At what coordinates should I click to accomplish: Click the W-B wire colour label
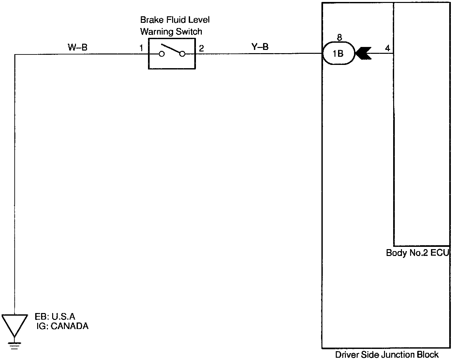coord(78,48)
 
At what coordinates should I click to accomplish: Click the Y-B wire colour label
coord(260,47)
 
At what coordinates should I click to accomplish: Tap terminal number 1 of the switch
coord(141,49)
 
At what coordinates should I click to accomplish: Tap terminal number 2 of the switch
coord(201,49)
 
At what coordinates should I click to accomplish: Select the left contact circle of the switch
coord(162,54)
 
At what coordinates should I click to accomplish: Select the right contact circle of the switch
coord(182,54)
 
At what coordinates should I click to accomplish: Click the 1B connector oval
coord(338,53)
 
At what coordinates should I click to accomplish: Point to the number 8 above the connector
coord(339,37)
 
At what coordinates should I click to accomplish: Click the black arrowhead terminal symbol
coord(363,53)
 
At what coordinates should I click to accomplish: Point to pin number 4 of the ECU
coord(387,48)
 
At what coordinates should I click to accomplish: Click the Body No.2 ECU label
coord(417,253)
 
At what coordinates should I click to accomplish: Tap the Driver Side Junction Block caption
coord(387,354)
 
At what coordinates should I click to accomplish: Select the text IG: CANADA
coord(63,326)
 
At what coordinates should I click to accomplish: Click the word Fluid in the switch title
coord(176,20)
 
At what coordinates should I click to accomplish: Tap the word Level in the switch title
coord(200,20)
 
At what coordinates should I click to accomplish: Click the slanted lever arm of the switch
coord(171,48)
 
